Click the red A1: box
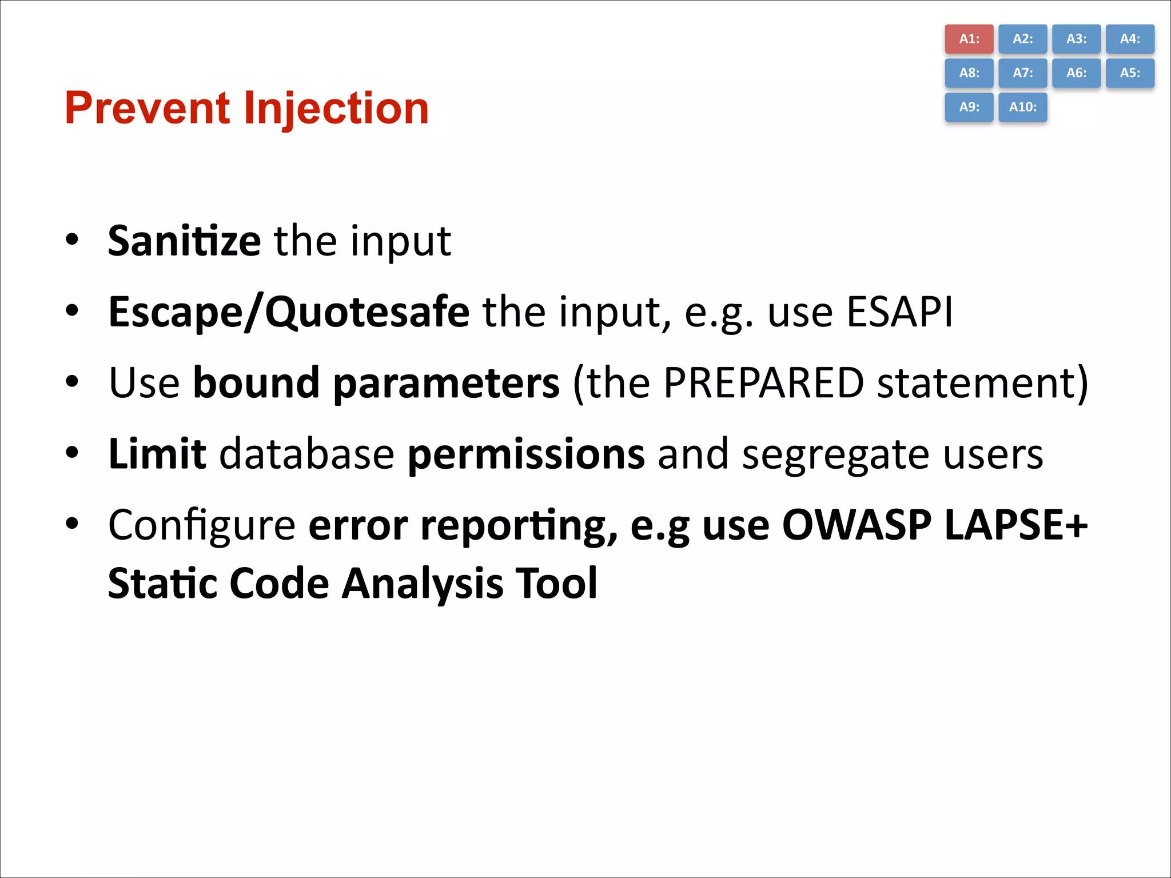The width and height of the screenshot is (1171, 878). coord(969,39)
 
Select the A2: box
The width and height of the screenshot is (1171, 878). coord(1022,39)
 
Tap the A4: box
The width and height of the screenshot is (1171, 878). coord(1130,39)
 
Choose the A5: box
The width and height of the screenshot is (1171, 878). coord(1130,73)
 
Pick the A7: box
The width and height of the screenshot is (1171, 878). coord(1022,73)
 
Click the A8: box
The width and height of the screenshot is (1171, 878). coord(969,73)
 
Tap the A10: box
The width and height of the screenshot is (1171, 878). coord(1022,107)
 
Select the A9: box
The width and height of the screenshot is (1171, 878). coord(969,107)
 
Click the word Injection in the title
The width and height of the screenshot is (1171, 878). coord(336,109)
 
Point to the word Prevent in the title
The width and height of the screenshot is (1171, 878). coord(148,109)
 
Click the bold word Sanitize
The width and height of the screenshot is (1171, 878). coord(184,241)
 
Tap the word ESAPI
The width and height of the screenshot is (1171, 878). coord(899,312)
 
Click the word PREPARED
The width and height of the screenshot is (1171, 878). coord(763,383)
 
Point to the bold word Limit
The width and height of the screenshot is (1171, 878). coord(157,454)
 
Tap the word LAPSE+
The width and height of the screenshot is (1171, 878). coord(1015,525)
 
